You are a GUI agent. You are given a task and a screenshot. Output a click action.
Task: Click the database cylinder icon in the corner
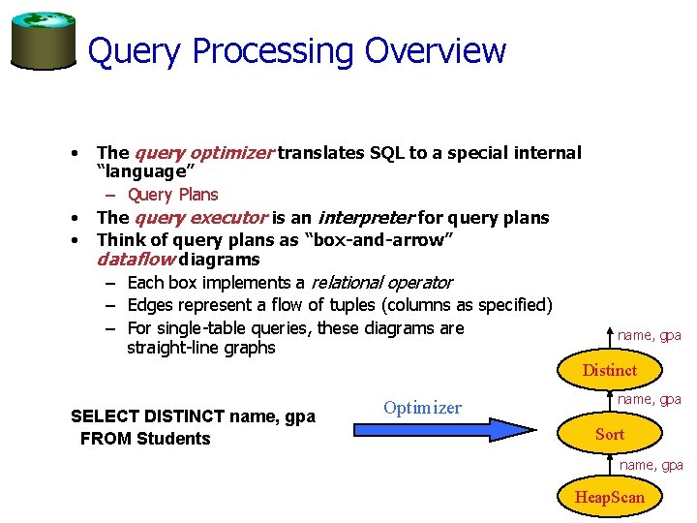coord(43,42)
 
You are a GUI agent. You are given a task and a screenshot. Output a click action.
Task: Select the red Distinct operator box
coord(609,370)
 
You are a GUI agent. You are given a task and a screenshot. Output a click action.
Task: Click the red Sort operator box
coord(609,434)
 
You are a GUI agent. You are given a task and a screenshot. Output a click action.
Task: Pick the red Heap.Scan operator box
coord(609,497)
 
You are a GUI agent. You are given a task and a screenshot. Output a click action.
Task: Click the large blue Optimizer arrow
coord(445,430)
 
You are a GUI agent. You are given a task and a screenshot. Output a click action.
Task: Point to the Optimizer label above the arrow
coord(422,408)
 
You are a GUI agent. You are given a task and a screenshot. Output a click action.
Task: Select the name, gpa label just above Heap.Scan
coord(651,465)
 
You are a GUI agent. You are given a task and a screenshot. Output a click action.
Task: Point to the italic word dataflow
coord(135,260)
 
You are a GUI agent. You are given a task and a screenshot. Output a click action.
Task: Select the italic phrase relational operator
coord(380,283)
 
